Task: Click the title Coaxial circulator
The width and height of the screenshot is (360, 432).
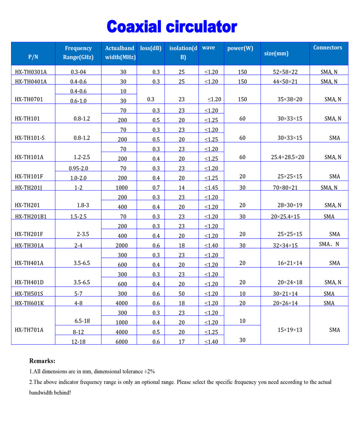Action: (x=172, y=26)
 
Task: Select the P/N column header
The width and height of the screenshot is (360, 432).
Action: (x=33, y=57)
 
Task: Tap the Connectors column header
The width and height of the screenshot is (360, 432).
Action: (x=327, y=48)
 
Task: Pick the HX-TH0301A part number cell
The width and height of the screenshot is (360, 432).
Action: (x=34, y=72)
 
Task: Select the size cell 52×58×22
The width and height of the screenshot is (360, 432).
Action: (x=285, y=72)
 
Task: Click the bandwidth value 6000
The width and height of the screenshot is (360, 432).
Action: (x=123, y=341)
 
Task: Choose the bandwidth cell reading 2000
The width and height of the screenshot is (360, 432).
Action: (x=123, y=245)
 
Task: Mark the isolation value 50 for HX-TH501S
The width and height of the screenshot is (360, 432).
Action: (x=182, y=293)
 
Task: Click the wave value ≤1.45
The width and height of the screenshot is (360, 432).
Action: (x=211, y=188)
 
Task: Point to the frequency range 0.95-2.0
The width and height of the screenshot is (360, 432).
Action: (x=78, y=168)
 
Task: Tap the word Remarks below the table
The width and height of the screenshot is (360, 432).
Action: (x=42, y=361)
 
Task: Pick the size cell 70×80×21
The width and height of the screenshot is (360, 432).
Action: (x=285, y=188)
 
